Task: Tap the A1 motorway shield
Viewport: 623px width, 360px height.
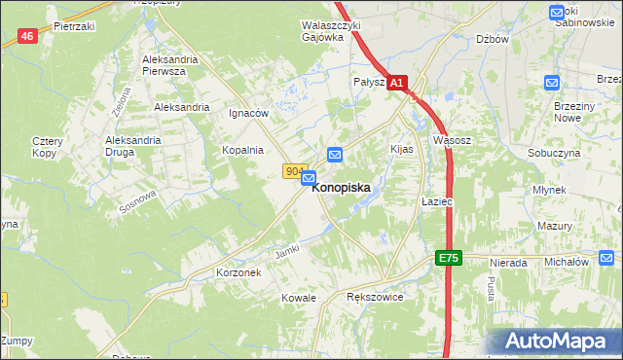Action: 397,85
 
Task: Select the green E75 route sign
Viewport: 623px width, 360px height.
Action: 447,258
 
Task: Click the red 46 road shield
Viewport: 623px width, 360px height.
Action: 27,36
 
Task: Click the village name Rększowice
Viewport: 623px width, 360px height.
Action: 375,297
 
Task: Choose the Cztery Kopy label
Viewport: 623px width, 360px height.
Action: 47,147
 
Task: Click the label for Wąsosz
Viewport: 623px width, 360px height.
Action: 452,140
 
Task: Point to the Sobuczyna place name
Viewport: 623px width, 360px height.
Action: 554,154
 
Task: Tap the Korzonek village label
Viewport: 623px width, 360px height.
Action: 239,273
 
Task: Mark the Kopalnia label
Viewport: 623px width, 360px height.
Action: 243,150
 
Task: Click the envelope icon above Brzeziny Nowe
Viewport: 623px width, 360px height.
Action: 553,84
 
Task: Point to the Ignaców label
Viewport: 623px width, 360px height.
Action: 248,113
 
